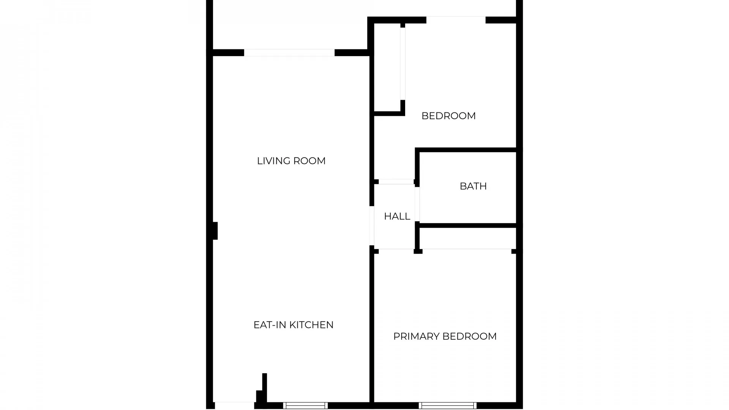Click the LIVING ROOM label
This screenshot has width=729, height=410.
tap(291, 161)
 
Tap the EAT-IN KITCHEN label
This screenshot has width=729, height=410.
tap(293, 325)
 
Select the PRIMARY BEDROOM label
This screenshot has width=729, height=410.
tap(445, 336)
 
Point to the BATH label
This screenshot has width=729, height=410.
tap(473, 186)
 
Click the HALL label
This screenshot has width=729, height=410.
tap(397, 216)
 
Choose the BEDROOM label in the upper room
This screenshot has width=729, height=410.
tap(448, 116)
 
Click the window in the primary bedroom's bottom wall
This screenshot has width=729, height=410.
tap(448, 405)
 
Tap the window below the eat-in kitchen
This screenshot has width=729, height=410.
tap(305, 405)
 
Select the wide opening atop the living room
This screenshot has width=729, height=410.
tap(289, 53)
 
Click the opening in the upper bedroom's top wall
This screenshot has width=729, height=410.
tap(456, 20)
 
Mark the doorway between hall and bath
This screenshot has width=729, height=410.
tap(417, 204)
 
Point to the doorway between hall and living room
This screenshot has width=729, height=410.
tap(372, 225)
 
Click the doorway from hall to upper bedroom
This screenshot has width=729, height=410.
tap(396, 182)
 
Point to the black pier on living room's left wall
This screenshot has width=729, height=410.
tap(215, 231)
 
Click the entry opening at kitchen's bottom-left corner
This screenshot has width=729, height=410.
tap(234, 405)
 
